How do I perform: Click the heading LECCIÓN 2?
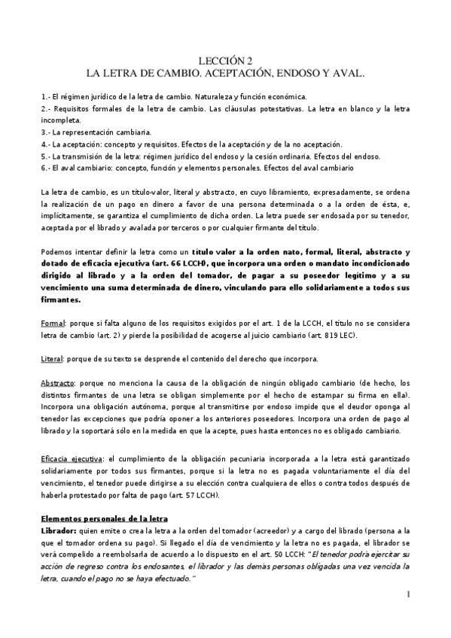[225, 62]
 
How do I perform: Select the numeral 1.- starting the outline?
[45, 97]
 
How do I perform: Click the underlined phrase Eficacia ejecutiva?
[74, 458]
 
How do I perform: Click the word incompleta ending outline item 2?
[59, 120]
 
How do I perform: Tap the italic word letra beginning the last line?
[50, 578]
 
